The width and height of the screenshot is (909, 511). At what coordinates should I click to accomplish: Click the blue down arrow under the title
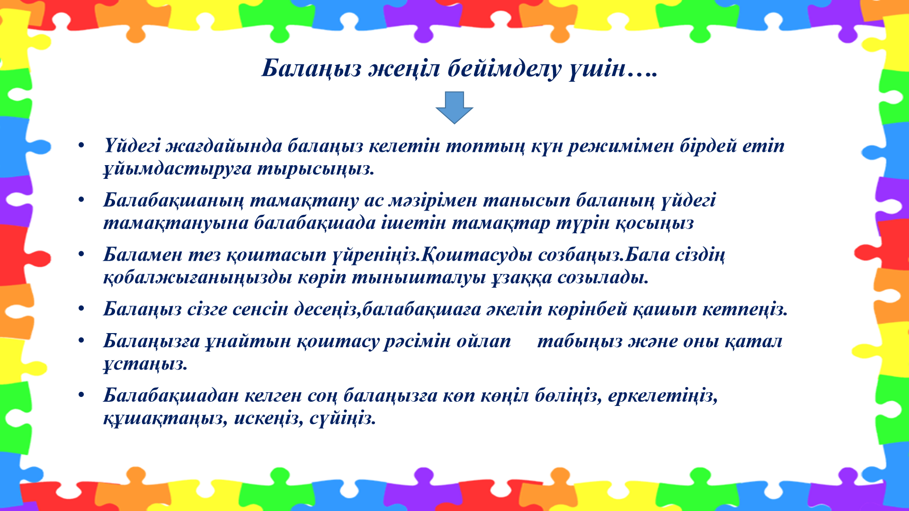click(454, 108)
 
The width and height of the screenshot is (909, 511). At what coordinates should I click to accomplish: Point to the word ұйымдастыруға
click(178, 169)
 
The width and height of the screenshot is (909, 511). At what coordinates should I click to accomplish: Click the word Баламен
click(143, 255)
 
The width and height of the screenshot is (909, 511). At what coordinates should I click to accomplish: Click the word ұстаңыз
click(145, 364)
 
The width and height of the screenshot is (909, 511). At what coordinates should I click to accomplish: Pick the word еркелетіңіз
click(663, 396)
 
